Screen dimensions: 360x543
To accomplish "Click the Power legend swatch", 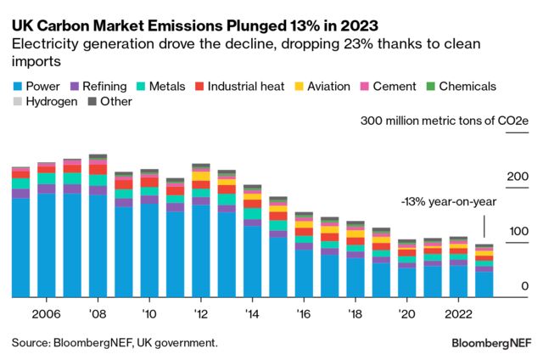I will (17, 87).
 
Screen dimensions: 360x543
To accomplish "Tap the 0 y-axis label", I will (525, 287).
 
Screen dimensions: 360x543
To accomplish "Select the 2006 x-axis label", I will (46, 312).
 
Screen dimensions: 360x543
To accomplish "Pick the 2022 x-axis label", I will (458, 312).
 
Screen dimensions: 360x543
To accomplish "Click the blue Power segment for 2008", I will (98, 246).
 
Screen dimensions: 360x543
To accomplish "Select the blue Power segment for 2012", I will (202, 251).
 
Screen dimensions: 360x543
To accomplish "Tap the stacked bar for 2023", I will (484, 272).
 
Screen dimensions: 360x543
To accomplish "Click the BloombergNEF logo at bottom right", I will (490, 343).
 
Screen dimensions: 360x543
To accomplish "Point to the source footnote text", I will (115, 343).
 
